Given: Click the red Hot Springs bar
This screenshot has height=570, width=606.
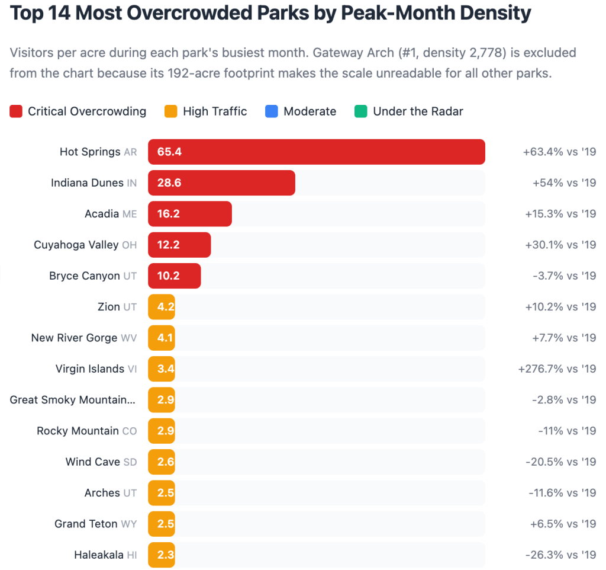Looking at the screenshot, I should coord(316,152).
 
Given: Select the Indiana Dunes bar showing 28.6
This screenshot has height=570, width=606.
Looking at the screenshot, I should coord(221,182).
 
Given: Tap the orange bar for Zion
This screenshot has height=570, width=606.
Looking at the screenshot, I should coord(162,306).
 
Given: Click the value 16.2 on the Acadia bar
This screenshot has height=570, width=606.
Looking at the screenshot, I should coord(168,214).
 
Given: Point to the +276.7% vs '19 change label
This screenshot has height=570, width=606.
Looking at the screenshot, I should coord(556,369).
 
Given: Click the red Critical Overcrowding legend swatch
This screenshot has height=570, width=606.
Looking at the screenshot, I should coord(16,111).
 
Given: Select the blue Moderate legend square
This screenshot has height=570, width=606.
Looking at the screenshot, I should coord(272,111).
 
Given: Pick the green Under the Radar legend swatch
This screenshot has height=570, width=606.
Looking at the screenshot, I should coord(361,111).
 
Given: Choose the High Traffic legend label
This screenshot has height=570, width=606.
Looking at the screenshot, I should coord(215,111).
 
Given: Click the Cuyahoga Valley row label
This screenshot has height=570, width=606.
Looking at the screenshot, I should coord(85,245).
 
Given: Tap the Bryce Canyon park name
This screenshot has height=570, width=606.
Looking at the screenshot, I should coord(85,276).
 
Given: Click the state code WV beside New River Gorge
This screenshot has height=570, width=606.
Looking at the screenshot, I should coord(128,338).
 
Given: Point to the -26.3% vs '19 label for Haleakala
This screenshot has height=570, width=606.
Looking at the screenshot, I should coord(560,555).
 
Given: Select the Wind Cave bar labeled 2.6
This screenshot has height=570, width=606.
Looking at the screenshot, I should coord(162,462).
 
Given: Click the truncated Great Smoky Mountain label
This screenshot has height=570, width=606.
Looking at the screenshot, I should coord(73,400).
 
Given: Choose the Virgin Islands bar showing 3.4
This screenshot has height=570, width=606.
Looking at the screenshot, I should coord(162,369).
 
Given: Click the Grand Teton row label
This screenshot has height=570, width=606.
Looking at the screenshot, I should coord(95,524).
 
